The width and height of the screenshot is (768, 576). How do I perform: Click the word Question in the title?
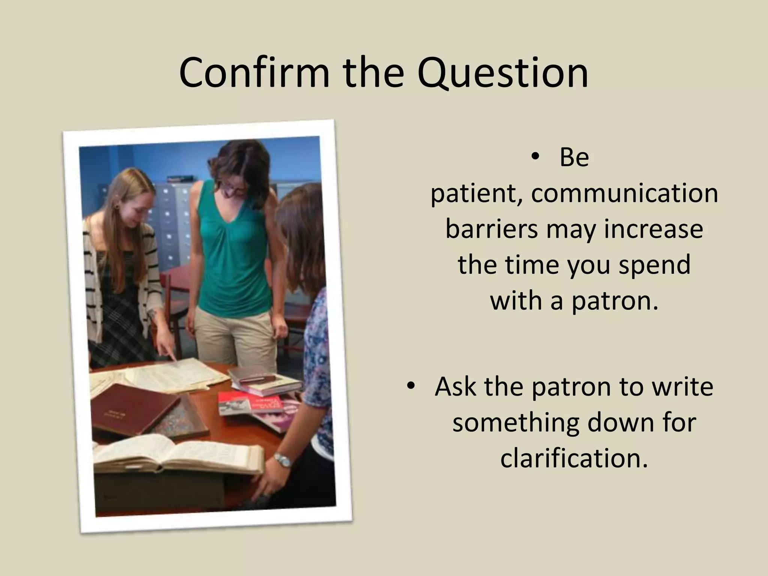(x=502, y=72)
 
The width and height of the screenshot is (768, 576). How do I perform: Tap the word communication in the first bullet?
(x=624, y=193)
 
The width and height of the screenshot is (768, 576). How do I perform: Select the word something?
(x=516, y=422)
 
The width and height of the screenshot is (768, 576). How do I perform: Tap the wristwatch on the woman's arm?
(x=282, y=460)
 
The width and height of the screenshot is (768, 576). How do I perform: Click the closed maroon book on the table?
(x=133, y=409)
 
